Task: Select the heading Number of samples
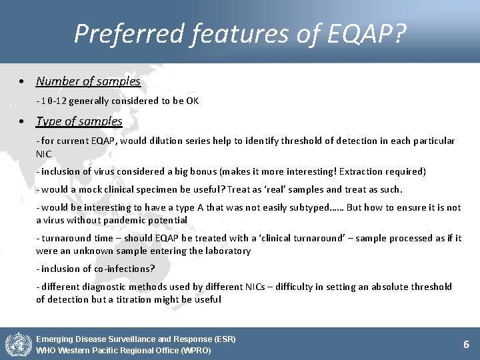(x=88, y=81)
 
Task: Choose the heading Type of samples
(x=79, y=121)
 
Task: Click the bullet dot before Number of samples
(x=22, y=82)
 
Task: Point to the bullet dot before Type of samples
(x=22, y=122)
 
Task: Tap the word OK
(x=191, y=101)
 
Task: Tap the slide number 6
(x=466, y=345)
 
